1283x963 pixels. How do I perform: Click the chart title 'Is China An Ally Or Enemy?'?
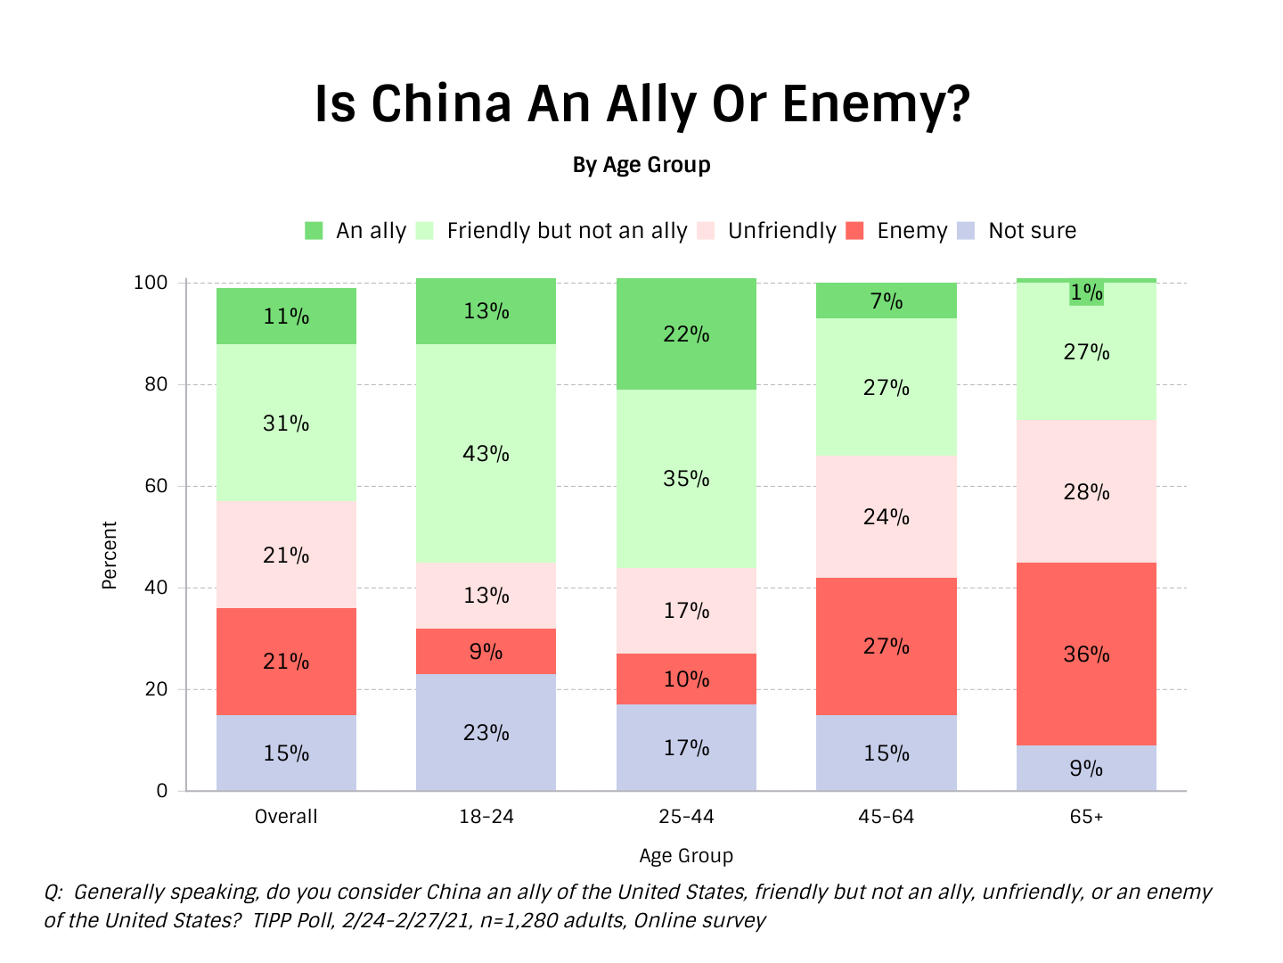(641, 103)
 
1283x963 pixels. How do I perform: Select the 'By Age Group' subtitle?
(641, 165)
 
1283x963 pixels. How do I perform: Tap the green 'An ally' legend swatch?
(314, 231)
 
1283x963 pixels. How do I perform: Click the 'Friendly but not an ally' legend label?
(567, 231)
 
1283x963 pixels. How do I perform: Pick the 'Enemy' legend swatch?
(855, 231)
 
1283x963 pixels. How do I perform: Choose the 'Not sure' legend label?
(1032, 231)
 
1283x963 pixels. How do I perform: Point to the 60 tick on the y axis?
(157, 486)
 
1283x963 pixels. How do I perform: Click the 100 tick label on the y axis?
(151, 283)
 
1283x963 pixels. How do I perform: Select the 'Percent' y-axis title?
(110, 555)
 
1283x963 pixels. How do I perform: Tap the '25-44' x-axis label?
(686, 817)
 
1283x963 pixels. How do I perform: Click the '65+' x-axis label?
(1086, 817)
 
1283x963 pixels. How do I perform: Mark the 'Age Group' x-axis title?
(686, 856)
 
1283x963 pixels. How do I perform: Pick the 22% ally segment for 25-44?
(686, 334)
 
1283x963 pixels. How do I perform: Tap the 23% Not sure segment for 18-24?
(486, 733)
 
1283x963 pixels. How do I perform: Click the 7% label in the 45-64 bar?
(887, 301)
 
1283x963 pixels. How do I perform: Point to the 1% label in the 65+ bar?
(1086, 292)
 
